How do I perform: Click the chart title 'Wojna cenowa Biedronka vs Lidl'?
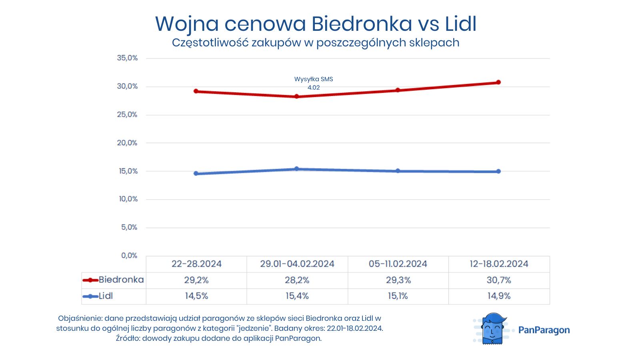(316, 24)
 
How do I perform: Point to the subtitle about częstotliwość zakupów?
(316, 43)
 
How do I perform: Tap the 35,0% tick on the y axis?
(127, 58)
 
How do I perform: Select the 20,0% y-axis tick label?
(127, 143)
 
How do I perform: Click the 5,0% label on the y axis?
(129, 227)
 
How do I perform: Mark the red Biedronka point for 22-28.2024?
(196, 91)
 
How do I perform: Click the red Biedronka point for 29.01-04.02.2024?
(297, 96)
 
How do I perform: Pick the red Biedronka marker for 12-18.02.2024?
(498, 82)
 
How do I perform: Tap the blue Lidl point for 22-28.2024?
(196, 174)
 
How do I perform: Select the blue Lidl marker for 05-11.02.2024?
(398, 171)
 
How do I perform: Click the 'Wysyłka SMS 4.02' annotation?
(314, 83)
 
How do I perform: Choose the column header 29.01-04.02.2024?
(297, 264)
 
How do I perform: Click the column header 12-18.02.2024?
(499, 264)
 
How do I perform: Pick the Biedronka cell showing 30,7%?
(499, 280)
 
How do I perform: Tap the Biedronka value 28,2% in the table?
(297, 280)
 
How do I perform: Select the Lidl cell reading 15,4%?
(297, 296)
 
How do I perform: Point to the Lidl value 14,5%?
(196, 296)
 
